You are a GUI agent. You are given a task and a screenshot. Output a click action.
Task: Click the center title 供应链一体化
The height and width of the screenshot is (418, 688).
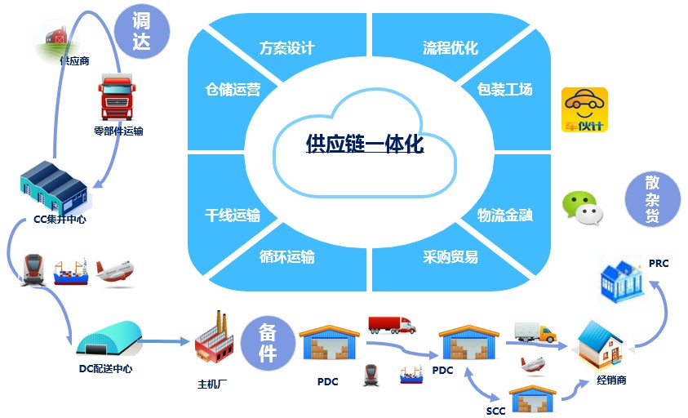tap(365, 144)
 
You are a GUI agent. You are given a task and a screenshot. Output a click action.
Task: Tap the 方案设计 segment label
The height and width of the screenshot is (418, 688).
tap(286, 48)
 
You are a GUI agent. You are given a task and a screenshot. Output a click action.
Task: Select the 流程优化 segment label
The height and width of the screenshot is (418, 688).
tap(451, 48)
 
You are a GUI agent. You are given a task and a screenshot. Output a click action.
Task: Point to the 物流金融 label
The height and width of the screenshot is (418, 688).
tap(504, 216)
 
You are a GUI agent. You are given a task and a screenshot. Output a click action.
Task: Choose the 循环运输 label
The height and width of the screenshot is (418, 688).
tap(286, 256)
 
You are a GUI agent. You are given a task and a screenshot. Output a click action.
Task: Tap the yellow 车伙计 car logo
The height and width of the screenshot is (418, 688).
tap(584, 109)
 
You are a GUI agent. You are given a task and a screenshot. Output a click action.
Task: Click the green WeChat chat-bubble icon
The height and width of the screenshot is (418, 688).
tap(582, 207)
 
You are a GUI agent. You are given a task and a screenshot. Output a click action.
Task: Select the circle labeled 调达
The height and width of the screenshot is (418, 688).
tap(141, 31)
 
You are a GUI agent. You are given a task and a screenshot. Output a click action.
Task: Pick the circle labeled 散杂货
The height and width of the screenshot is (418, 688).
tap(652, 199)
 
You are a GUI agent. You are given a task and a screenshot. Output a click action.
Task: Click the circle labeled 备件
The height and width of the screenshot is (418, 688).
tap(268, 344)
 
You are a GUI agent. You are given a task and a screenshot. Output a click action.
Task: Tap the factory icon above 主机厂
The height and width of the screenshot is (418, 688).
tap(214, 338)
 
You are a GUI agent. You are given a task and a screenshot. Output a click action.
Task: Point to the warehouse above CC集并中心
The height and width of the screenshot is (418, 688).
tap(54, 188)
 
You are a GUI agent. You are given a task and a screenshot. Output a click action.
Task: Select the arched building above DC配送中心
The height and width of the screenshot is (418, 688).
tap(109, 338)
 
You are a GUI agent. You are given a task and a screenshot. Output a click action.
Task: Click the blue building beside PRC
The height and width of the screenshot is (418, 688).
tap(623, 281)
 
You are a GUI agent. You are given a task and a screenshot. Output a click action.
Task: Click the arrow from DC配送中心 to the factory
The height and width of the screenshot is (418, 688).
tap(163, 340)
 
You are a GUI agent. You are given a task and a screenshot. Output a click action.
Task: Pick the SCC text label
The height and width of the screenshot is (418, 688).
tap(495, 411)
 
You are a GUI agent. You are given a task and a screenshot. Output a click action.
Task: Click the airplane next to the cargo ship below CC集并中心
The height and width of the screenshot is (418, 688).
tap(114, 271)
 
